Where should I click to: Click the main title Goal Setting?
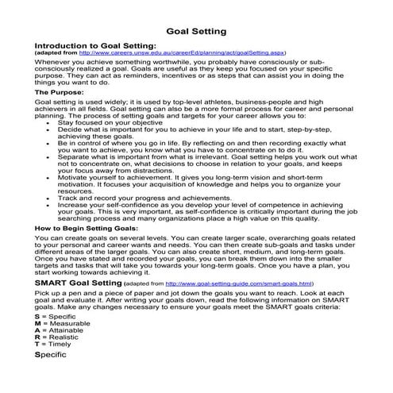(x=196, y=32)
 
